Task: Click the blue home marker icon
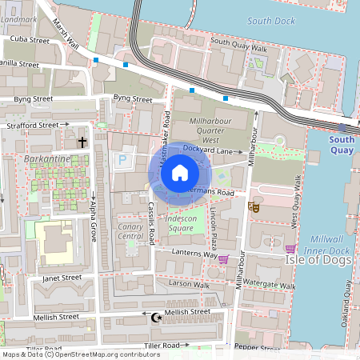tap(180, 173)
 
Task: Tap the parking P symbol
tap(122, 160)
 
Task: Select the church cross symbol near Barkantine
tap(82, 142)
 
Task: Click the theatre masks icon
tap(254, 206)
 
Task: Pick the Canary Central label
tap(130, 231)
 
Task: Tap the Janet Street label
tap(62, 278)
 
